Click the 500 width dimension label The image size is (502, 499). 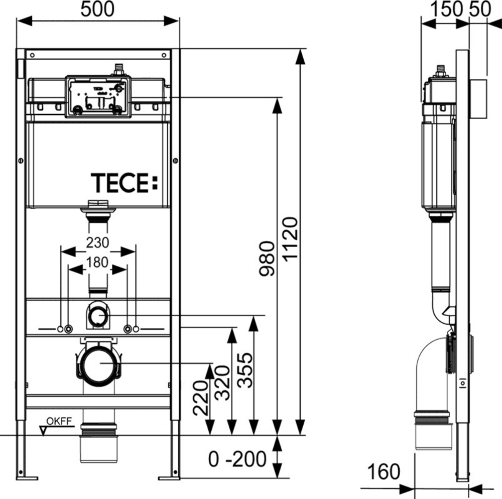pos(98,9)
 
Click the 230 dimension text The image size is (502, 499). pos(97,242)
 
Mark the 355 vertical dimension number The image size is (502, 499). pos(245,370)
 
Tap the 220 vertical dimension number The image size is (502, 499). pos(200,397)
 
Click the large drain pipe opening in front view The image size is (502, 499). pos(99,363)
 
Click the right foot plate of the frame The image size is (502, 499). pos(169,476)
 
